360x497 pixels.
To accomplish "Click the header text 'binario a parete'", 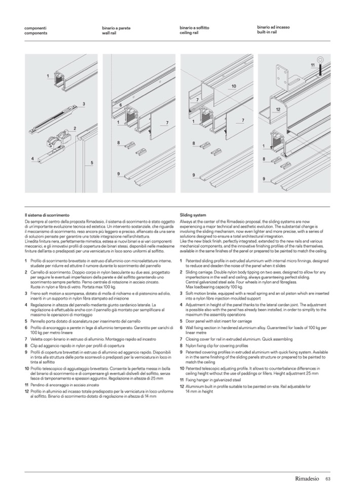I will click(116, 28).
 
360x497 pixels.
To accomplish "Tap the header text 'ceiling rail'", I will click(189, 32).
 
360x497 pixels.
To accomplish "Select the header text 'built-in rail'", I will click(267, 32).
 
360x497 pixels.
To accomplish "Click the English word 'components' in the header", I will click(35, 32).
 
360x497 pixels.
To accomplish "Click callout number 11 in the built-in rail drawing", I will click(312, 65).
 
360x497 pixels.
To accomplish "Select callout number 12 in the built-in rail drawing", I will click(278, 109).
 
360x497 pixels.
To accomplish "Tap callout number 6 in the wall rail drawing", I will click(121, 105).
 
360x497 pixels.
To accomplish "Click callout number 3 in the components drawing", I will click(83, 103).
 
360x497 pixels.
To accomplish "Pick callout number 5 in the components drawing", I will click(92, 163).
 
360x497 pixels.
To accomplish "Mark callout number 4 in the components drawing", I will click(32, 159).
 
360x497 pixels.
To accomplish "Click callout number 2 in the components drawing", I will click(75, 129).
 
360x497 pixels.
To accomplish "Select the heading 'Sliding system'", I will click(193, 215).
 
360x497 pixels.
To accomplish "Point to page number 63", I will click(329, 479).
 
